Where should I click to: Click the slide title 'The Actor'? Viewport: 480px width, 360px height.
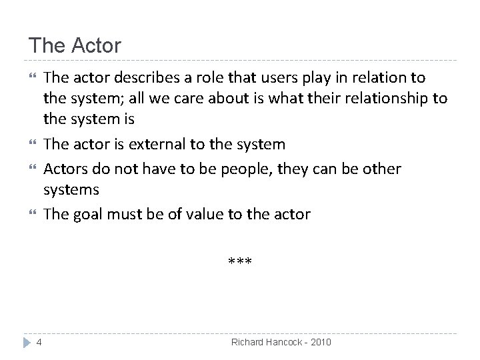tap(75, 46)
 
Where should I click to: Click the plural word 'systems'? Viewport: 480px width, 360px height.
tap(71, 189)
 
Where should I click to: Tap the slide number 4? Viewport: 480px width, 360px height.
tap(40, 342)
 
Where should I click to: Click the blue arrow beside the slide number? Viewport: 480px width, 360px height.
tap(27, 342)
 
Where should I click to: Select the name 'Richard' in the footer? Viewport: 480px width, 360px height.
tap(248, 342)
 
